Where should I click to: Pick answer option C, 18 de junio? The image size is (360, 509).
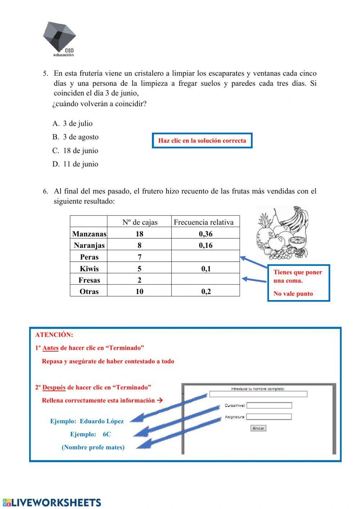75,151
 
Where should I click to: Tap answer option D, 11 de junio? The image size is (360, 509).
75,164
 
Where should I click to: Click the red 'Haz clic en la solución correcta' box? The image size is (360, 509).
202,140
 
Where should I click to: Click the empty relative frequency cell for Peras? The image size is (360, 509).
205,256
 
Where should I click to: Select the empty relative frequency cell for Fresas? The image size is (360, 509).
205,280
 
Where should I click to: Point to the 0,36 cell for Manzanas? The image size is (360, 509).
206,234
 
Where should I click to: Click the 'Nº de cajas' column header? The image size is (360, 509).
140,222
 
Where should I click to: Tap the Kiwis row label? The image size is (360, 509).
89,268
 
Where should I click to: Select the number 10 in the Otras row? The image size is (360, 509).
139,291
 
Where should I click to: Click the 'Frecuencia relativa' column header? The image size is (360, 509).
203,222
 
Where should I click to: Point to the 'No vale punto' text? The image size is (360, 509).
293,294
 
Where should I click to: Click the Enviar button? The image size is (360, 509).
258,428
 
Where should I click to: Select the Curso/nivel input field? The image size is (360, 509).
269,405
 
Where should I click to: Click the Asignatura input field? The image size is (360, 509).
269,417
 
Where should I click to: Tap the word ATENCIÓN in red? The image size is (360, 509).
54,335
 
